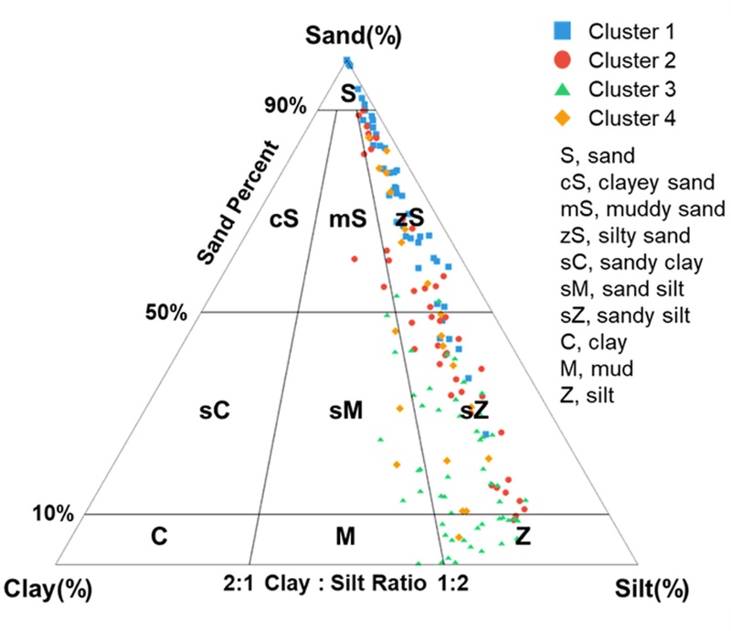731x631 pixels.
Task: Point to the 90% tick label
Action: click(x=286, y=106)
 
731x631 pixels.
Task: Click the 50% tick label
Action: click(x=165, y=313)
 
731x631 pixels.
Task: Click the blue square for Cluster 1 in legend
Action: click(x=563, y=32)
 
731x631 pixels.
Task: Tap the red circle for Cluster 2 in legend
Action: click(x=563, y=60)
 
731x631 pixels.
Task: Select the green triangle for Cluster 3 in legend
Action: click(x=563, y=90)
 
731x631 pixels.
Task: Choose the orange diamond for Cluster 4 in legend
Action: click(x=563, y=118)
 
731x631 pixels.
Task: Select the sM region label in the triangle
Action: click(x=345, y=411)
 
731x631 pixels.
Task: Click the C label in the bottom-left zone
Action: click(x=159, y=537)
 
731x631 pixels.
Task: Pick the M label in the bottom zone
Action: click(x=344, y=537)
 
